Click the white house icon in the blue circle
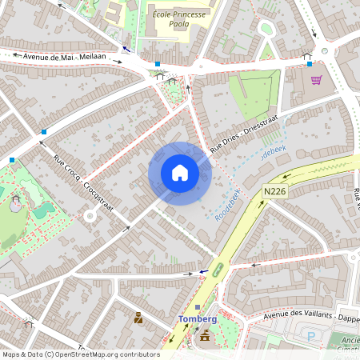pyautogui.click(x=179, y=173)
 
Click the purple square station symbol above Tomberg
pyautogui.click(x=198, y=308)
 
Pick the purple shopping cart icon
pyautogui.click(x=316, y=80)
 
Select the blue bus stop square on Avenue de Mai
pyautogui.click(x=158, y=64)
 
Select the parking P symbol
pyautogui.click(x=311, y=336)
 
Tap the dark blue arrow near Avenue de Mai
pyautogui.click(x=125, y=49)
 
